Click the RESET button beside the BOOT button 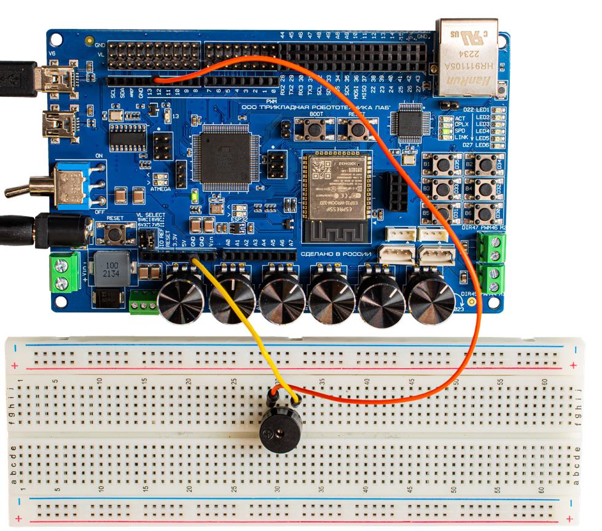click(x=354, y=128)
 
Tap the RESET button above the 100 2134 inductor click(x=114, y=233)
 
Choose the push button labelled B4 click(x=483, y=188)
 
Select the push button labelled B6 click(x=483, y=213)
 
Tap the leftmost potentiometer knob click(x=181, y=300)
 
